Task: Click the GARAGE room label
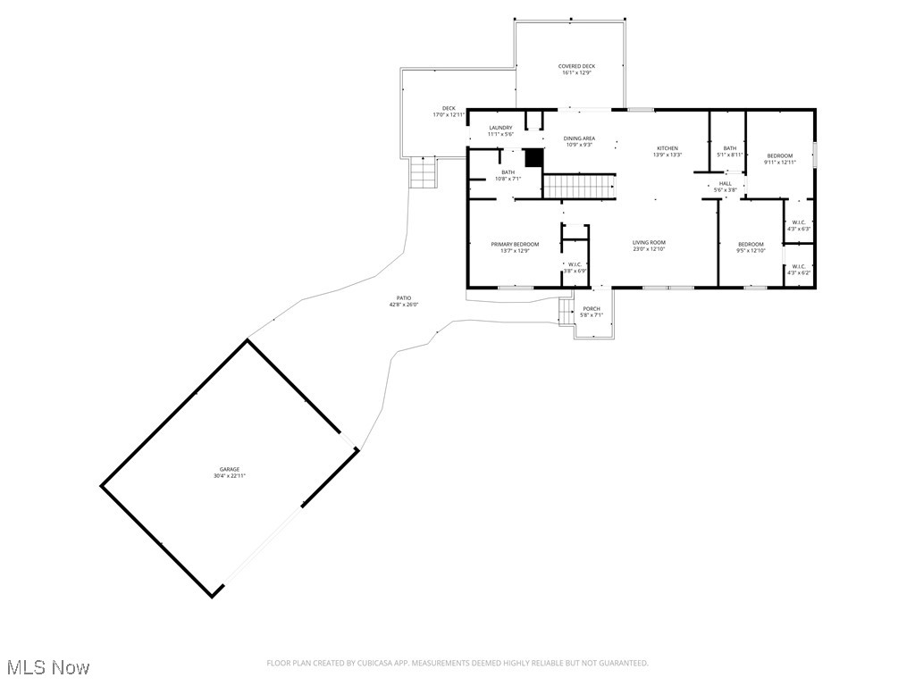point(230,469)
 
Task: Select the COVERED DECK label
point(576,66)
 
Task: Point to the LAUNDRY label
point(500,128)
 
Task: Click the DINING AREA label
point(579,138)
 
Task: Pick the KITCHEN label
point(667,148)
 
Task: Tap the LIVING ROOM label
point(649,243)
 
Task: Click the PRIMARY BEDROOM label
point(515,244)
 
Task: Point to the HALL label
point(725,184)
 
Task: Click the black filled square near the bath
point(534,157)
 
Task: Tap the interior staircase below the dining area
point(580,187)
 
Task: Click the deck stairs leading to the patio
point(424,172)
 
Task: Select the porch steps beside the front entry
point(566,312)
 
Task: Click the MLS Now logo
point(46,667)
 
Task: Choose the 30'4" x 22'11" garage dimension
point(230,476)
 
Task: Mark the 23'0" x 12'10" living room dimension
point(649,249)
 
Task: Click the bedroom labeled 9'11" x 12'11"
point(779,159)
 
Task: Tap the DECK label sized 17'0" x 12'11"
point(449,109)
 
